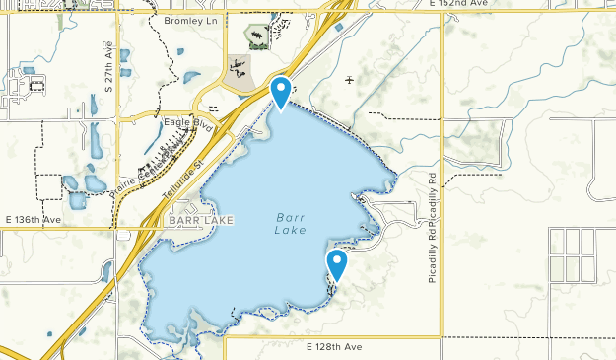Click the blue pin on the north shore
click(281, 91)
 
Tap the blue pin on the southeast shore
click(337, 263)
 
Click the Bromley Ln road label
click(189, 20)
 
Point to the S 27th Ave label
click(109, 68)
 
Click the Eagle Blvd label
click(188, 122)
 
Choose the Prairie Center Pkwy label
click(148, 164)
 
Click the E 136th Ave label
click(33, 219)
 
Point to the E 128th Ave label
click(334, 347)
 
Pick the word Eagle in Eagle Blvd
click(176, 122)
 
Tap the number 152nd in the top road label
click(461, 5)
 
